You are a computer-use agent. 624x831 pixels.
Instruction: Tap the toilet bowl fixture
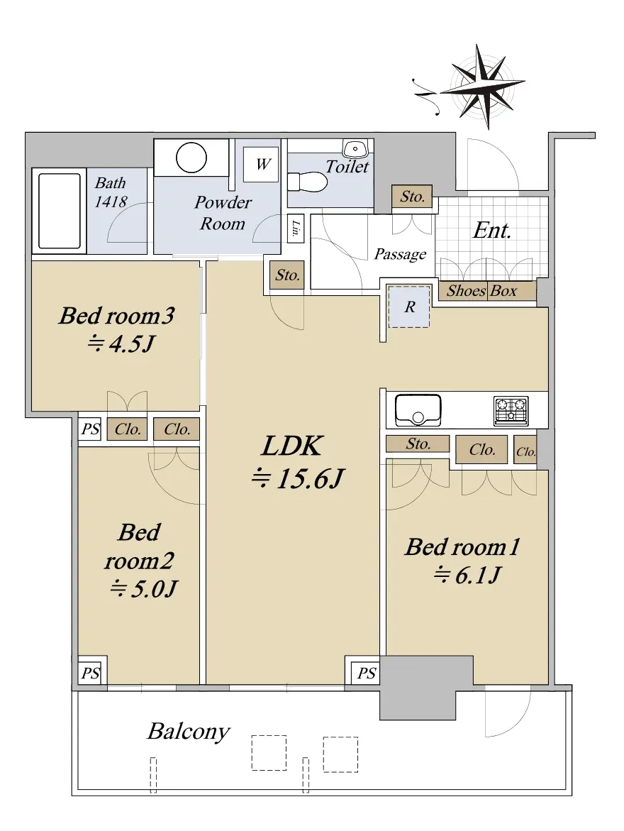307,182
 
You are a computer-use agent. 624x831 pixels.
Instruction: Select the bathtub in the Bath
59,211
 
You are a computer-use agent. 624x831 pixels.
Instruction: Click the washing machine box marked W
261,165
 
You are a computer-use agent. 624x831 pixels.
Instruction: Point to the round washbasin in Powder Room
191,158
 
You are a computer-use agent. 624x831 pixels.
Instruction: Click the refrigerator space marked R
408,307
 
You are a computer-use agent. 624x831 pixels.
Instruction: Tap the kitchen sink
418,410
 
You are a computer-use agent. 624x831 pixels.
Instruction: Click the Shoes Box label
481,291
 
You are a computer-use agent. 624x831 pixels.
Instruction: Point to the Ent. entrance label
491,230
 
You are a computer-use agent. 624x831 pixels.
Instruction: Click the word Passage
400,254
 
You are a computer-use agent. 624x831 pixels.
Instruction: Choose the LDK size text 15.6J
298,478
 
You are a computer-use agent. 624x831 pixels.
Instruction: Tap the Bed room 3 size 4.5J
121,344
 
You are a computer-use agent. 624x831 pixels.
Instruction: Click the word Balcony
189,732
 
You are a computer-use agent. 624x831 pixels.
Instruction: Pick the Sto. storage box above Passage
412,197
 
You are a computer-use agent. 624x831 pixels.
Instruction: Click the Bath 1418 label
111,192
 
